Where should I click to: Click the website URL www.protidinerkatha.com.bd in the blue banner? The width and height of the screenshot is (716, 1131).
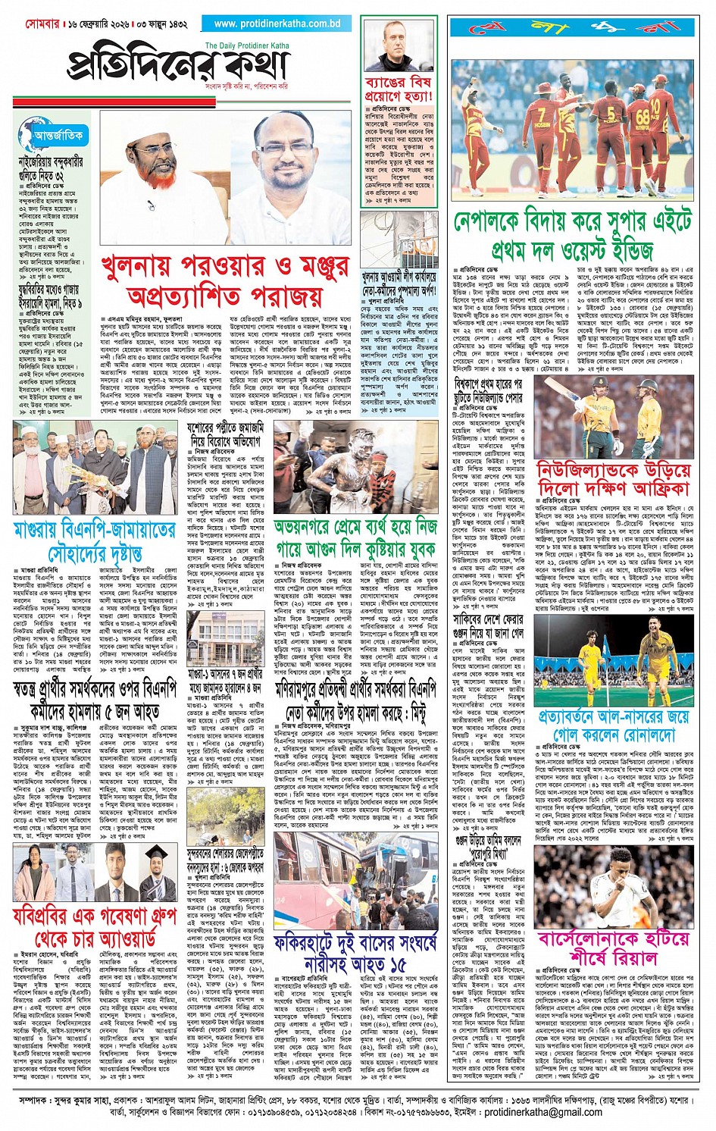pos(277,23)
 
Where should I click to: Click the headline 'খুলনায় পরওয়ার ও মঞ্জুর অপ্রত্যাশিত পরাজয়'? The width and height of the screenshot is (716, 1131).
pos(225,280)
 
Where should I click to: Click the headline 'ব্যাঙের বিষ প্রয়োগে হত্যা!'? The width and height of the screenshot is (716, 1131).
pos(398,89)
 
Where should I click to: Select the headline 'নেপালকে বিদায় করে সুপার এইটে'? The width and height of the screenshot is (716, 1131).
pos(573,222)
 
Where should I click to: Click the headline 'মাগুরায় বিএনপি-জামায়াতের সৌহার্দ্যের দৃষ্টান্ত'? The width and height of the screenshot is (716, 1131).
pos(94,540)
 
